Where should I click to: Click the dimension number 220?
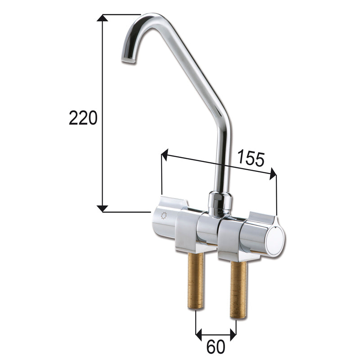[83, 118]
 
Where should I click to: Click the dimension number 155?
[251, 158]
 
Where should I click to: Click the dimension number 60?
[216, 347]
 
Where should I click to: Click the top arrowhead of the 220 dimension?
[103, 18]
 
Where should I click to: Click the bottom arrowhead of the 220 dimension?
[103, 208]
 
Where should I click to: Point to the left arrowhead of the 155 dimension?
[165, 156]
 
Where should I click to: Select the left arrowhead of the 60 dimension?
[199, 334]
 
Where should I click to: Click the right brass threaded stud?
[238, 289]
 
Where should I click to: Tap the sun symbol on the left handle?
[163, 216]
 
